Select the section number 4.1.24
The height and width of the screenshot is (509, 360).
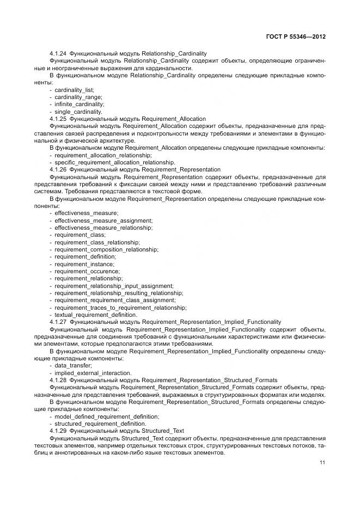click(x=58, y=53)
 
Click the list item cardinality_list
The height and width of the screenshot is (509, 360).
click(x=74, y=89)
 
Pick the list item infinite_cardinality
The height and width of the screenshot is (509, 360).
click(x=79, y=104)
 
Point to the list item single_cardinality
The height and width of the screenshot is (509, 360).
click(x=78, y=111)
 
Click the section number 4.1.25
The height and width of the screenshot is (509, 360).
click(x=58, y=118)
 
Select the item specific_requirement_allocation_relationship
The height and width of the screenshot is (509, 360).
click(x=114, y=162)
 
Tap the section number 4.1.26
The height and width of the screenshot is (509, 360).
click(x=58, y=169)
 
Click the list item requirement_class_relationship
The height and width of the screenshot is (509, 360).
click(x=97, y=242)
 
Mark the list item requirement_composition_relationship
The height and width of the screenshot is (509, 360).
click(x=106, y=249)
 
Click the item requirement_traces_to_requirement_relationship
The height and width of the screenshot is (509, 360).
click(x=120, y=307)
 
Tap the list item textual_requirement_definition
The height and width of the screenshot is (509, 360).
click(x=95, y=314)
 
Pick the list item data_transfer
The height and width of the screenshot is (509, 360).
click(x=71, y=365)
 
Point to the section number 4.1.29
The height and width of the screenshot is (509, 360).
click(x=58, y=431)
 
